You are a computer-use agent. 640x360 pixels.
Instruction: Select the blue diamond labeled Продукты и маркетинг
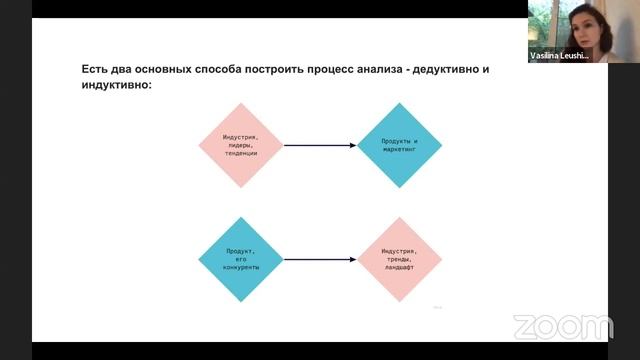click(x=399, y=146)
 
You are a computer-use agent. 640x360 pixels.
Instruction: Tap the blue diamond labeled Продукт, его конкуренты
click(x=241, y=259)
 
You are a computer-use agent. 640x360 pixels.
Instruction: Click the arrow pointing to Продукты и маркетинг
click(x=320, y=146)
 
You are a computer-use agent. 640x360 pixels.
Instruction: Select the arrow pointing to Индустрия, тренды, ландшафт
click(x=320, y=259)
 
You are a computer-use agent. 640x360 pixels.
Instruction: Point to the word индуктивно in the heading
click(x=115, y=87)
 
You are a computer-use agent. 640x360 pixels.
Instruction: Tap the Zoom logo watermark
click(x=562, y=327)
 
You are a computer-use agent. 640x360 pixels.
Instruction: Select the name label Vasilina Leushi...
click(x=560, y=57)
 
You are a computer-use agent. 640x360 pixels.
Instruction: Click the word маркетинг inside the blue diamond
click(x=399, y=151)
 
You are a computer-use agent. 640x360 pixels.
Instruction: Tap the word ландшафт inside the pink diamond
click(x=399, y=268)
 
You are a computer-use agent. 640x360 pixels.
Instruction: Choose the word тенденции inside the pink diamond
click(x=241, y=154)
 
